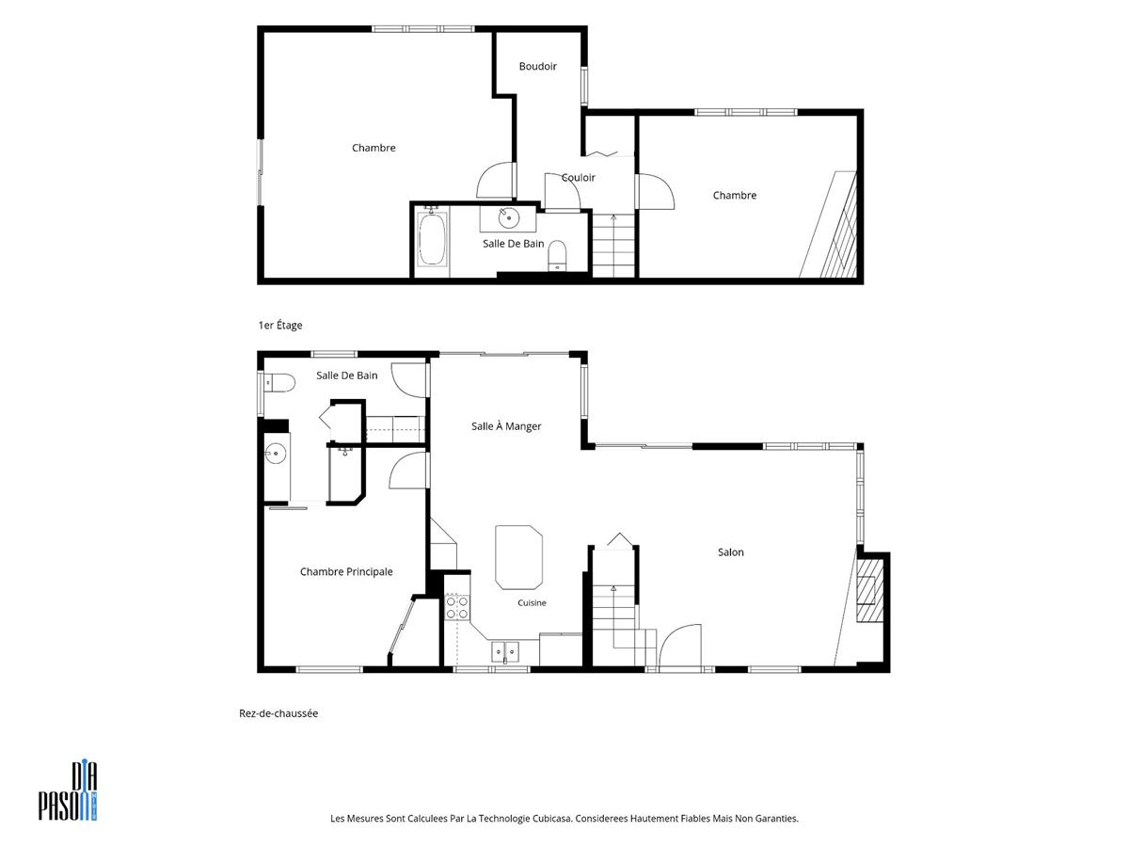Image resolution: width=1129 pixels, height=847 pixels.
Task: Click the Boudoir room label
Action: pos(537,66)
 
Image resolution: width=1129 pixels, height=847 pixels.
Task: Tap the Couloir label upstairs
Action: pos(578,178)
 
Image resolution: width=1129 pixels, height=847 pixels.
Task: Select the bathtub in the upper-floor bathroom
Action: pos(432,239)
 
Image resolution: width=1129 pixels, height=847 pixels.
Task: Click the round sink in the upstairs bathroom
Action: pos(509,218)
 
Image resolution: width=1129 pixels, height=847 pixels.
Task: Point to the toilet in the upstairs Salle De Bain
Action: pos(557,256)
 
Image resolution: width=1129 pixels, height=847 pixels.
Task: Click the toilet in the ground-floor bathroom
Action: pos(279,383)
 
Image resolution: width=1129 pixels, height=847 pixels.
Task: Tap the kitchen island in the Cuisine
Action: pos(518,557)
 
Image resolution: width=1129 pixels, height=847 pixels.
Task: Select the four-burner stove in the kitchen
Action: pos(456,607)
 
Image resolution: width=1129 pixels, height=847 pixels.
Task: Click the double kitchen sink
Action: pos(505,651)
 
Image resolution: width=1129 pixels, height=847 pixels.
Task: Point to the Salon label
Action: pos(730,552)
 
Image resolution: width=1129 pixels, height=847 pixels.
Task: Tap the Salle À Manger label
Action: pos(506,425)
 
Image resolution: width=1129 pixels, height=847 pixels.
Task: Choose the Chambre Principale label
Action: pos(346,571)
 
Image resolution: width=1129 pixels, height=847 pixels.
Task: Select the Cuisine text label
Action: pos(532,602)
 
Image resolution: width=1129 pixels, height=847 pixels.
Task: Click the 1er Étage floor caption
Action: pos(280,325)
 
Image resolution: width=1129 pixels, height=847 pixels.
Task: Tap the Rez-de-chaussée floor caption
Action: pos(278,713)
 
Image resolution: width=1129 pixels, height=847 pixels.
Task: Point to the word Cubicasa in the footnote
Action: pos(552,818)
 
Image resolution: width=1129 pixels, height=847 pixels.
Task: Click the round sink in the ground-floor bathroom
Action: pos(275,454)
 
